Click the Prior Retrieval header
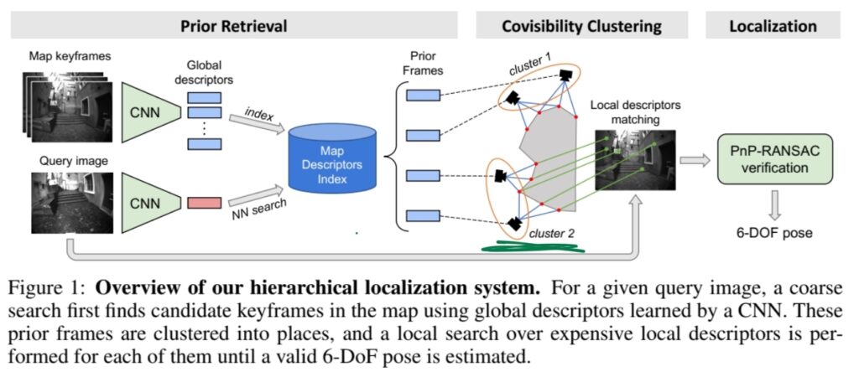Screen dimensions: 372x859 click(x=234, y=25)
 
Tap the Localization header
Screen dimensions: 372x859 click(x=773, y=25)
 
